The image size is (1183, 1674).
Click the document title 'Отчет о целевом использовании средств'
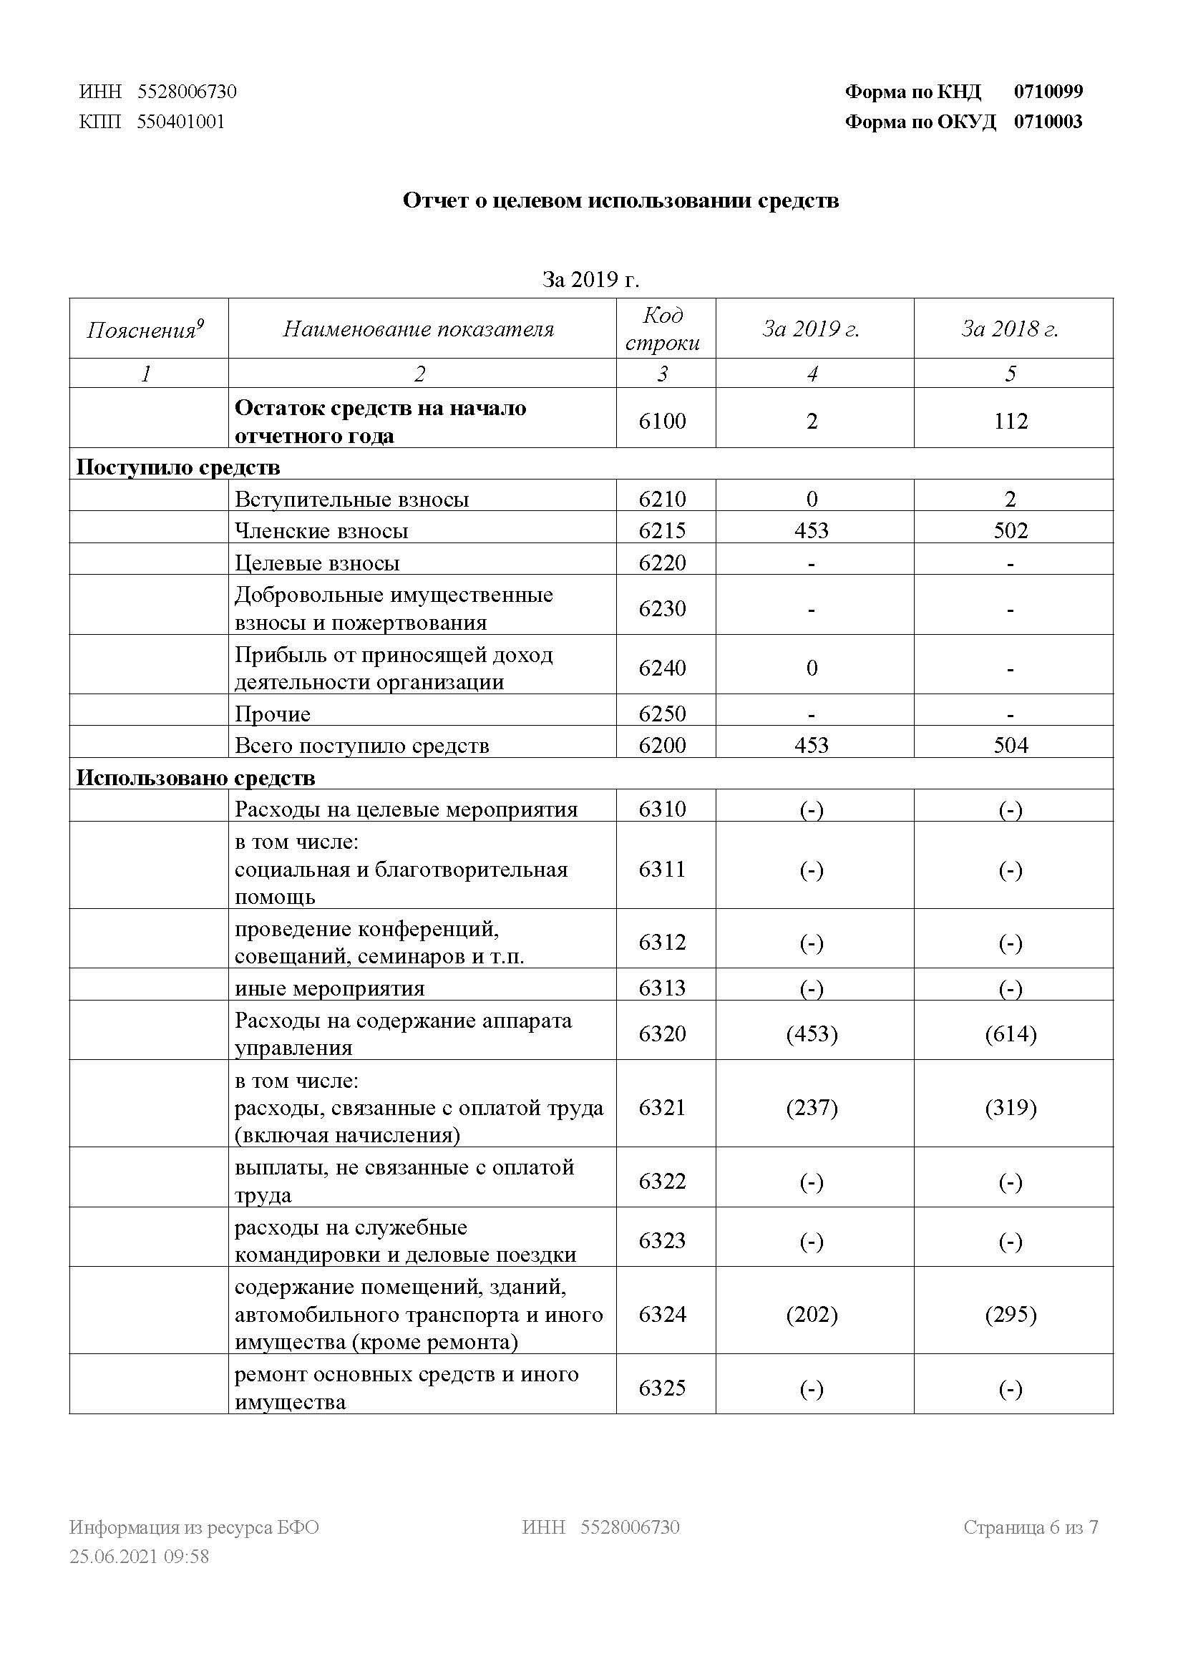pos(620,200)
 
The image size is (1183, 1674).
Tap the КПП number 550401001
pos(181,122)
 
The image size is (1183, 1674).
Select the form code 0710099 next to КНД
pos(1048,92)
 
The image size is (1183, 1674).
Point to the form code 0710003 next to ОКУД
pos(1048,122)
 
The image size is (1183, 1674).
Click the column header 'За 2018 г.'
pos(1010,329)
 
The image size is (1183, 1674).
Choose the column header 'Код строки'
pos(663,329)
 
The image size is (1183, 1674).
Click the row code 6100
pos(663,422)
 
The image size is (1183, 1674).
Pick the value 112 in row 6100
pos(1011,422)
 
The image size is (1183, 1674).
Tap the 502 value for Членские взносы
pos(1011,530)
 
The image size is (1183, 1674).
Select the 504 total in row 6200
pos(1011,745)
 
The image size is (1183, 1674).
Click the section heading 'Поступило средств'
pos(178,467)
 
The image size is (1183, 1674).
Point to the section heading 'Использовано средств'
pos(195,778)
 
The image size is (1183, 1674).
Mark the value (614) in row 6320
pos(1011,1034)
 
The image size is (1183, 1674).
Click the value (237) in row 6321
pos(812,1108)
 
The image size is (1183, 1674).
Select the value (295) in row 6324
pos(1011,1315)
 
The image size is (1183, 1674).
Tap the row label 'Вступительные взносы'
pos(351,500)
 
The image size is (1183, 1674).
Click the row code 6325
pos(663,1388)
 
